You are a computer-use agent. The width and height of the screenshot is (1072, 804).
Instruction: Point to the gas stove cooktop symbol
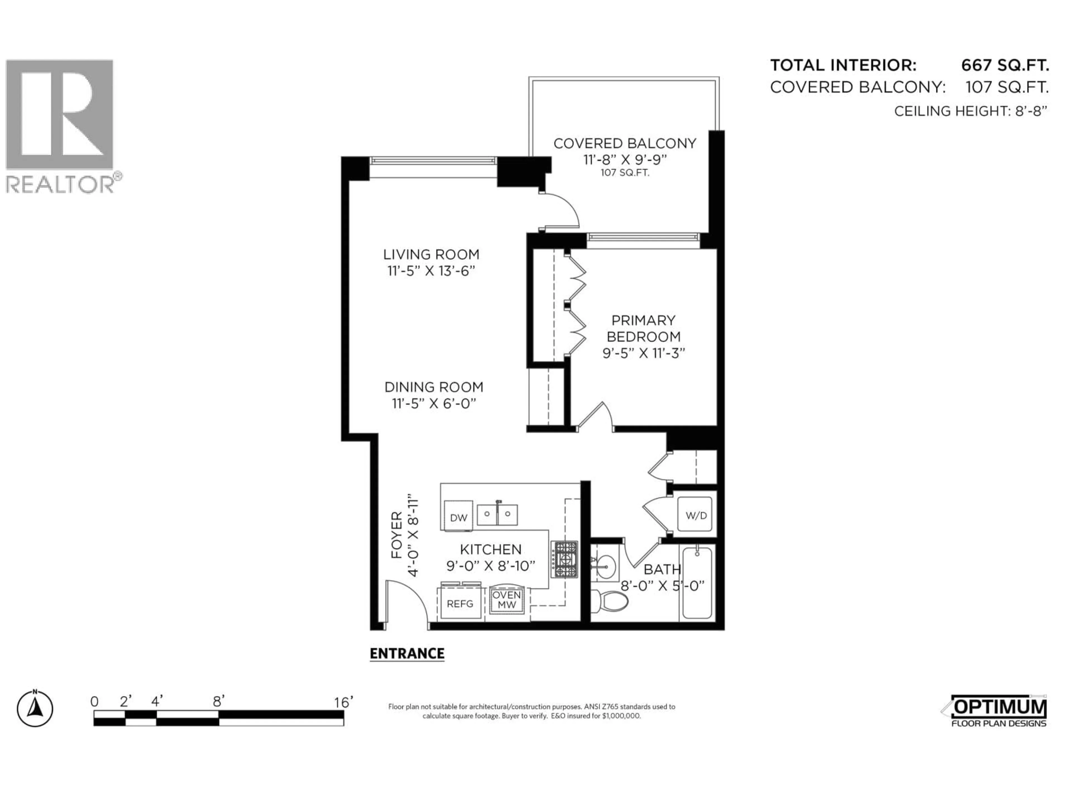tap(564, 559)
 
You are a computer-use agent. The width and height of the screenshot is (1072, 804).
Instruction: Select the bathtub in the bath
tap(697, 583)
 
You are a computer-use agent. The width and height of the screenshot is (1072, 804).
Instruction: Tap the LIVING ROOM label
tap(431, 254)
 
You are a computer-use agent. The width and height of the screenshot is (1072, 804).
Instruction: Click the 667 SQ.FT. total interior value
tap(1005, 65)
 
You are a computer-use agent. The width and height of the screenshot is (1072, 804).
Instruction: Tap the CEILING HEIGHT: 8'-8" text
tap(970, 111)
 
